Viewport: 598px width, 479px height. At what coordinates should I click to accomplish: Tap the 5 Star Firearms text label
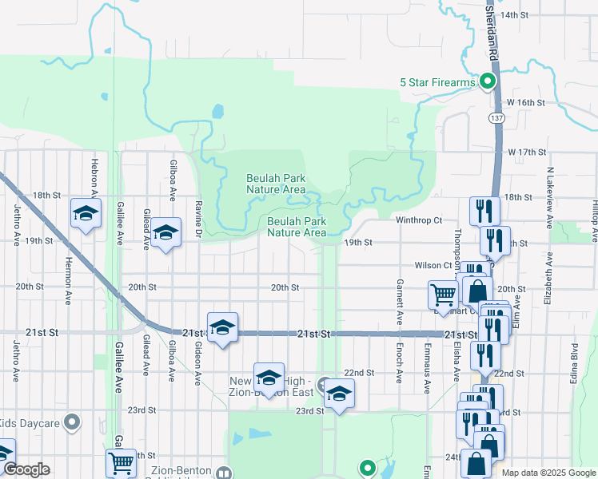pyautogui.click(x=437, y=82)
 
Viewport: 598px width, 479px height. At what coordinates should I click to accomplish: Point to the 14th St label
pyautogui.click(x=515, y=15)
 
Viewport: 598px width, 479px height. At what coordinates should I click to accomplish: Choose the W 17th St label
pyautogui.click(x=526, y=152)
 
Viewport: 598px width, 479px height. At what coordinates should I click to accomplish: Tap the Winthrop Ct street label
pyautogui.click(x=419, y=220)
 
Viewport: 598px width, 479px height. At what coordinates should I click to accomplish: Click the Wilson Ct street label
pyautogui.click(x=434, y=265)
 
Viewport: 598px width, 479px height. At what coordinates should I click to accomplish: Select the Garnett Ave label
pyautogui.click(x=399, y=302)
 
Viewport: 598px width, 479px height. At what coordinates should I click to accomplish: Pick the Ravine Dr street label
pyautogui.click(x=197, y=218)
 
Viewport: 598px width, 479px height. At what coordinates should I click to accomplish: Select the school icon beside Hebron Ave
pyautogui.click(x=86, y=213)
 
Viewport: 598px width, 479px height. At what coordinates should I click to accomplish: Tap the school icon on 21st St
pyautogui.click(x=222, y=327)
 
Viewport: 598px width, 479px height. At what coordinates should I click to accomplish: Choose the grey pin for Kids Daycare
pyautogui.click(x=73, y=422)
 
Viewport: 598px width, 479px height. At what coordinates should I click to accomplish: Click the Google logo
pyautogui.click(x=26, y=470)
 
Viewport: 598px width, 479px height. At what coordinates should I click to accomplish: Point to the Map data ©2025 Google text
pyautogui.click(x=548, y=473)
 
